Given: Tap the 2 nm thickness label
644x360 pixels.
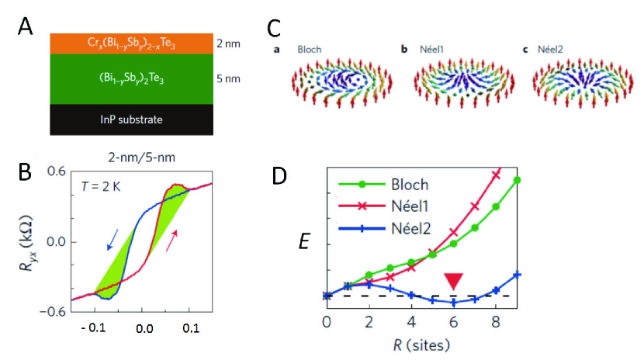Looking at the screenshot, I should [228, 44].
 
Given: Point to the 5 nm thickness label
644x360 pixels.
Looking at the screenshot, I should [228, 77].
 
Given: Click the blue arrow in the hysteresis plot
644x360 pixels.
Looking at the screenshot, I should [113, 240].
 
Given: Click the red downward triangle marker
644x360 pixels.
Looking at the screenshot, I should [454, 281].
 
